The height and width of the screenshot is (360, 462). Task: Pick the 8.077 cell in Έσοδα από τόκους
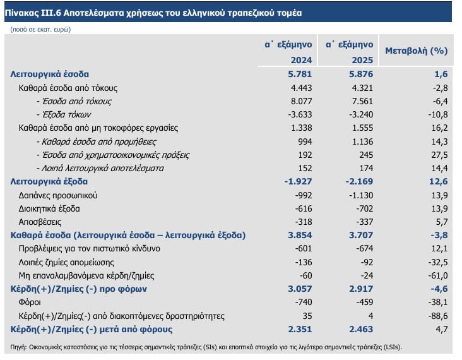click(295, 101)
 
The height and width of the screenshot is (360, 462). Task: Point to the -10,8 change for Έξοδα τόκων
click(436, 114)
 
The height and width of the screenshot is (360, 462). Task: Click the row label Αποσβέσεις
click(40, 222)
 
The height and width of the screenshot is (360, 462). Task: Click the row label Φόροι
click(31, 303)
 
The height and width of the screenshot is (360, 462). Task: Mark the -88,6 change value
click(436, 316)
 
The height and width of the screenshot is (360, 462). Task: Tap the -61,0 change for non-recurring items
click(436, 275)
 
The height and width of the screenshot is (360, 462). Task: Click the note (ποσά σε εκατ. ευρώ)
click(40, 29)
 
